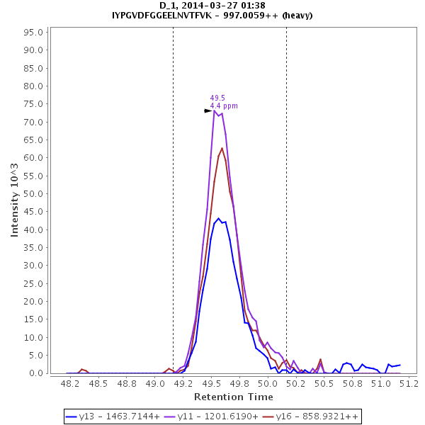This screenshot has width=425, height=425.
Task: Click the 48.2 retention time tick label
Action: [x=70, y=384]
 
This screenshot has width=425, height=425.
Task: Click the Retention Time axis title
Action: [x=234, y=397]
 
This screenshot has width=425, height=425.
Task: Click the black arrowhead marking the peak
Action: [x=208, y=110]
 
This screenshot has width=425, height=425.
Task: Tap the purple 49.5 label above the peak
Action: [x=217, y=98]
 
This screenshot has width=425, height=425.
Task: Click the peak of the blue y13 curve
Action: [x=219, y=218]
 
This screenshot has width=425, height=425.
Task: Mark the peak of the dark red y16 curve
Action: [x=222, y=147]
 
